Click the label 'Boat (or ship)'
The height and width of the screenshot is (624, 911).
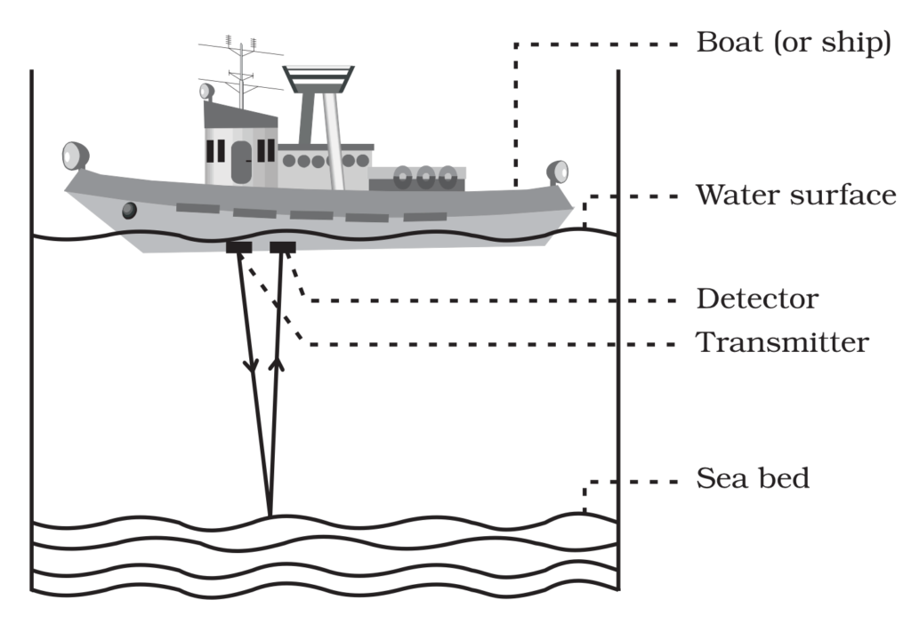(793, 43)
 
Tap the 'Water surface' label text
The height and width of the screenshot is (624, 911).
(795, 195)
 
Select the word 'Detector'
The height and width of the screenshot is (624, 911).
(756, 299)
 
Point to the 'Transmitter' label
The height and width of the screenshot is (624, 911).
(781, 342)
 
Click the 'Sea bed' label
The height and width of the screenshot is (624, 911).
(753, 479)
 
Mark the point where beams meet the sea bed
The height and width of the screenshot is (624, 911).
(269, 516)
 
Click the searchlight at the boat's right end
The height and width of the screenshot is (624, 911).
(558, 170)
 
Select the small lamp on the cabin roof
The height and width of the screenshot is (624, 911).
(207, 91)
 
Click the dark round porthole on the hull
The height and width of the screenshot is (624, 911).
(130, 211)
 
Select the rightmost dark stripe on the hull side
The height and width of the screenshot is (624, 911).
(424, 217)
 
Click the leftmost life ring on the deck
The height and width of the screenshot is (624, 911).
(404, 178)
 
